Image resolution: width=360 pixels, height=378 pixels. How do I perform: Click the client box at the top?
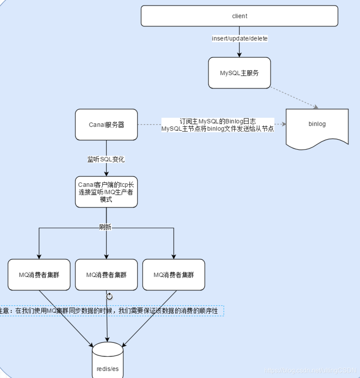coord(239,16)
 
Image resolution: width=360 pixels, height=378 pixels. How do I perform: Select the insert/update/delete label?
coord(240,39)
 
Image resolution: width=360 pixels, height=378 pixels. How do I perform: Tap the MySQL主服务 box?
coord(239,73)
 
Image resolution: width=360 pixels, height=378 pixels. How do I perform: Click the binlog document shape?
coord(317,124)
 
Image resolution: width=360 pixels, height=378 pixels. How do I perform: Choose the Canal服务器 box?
coord(106,125)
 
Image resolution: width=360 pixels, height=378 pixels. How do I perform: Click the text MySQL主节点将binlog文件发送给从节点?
coord(217,129)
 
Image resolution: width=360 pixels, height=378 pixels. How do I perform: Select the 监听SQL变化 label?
coord(106,159)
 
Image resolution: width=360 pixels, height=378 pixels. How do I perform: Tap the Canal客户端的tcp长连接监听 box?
coord(106,192)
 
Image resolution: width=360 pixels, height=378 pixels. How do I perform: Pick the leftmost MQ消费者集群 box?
coord(39,275)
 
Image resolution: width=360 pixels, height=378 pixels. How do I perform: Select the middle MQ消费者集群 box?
coord(106,275)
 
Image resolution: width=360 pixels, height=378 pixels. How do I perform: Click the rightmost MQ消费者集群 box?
coord(174,275)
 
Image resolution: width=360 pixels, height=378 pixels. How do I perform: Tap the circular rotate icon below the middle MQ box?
coord(110,296)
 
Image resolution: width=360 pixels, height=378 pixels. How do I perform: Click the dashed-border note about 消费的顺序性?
coord(112,311)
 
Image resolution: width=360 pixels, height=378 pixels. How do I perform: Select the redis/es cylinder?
coord(108,360)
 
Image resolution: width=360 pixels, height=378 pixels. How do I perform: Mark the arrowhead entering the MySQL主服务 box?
coord(239,55)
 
